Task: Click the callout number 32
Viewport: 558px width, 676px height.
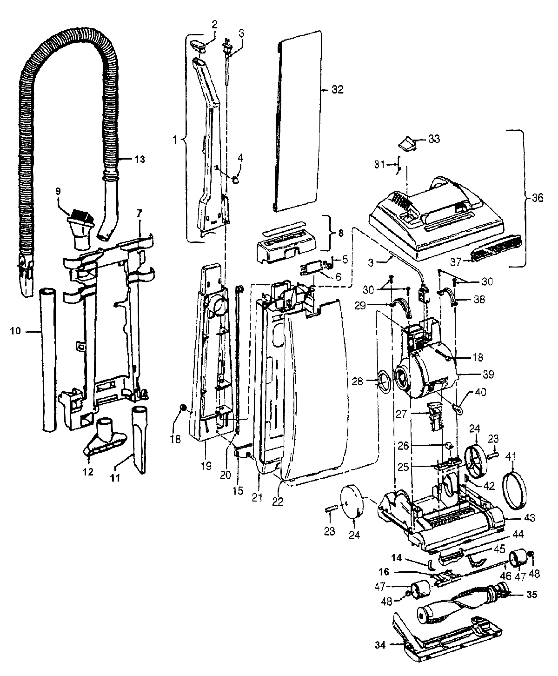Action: [x=338, y=90]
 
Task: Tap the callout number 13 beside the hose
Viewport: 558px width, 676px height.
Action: [x=139, y=160]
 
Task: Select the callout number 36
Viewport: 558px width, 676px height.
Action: [x=537, y=198]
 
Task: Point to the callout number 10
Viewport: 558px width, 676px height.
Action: [x=16, y=331]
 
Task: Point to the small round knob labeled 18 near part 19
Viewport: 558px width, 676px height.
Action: [x=183, y=408]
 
